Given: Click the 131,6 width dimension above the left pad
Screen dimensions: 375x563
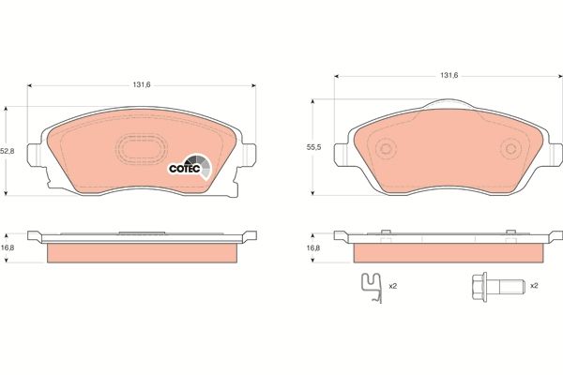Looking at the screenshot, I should (142, 82).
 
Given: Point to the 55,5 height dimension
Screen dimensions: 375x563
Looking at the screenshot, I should (316, 147).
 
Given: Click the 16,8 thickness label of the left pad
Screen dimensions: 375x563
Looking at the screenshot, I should (8, 248).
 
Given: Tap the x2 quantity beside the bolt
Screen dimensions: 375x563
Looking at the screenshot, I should (533, 285).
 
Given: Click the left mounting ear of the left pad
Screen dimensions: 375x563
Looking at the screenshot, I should (36, 156).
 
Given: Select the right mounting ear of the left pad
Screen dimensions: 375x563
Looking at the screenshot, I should (248, 156).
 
